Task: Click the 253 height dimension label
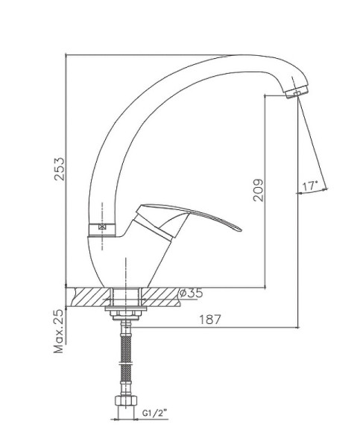(x=60, y=169)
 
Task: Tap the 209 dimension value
(x=259, y=190)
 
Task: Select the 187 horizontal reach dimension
(x=210, y=320)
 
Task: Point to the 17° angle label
(x=309, y=186)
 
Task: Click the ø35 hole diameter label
(x=191, y=293)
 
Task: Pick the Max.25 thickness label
(x=60, y=332)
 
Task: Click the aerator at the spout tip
(x=297, y=92)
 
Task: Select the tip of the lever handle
(x=241, y=229)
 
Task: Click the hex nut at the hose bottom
(x=126, y=401)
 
